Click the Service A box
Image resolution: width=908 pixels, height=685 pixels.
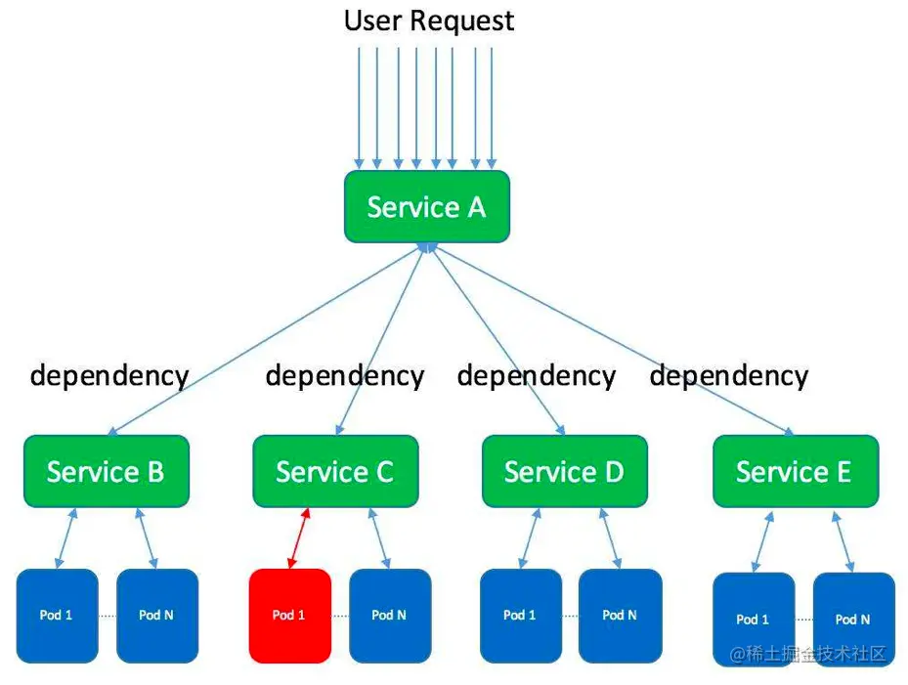click(427, 206)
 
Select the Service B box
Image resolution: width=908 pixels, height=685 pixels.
click(106, 471)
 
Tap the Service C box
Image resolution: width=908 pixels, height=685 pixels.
click(335, 471)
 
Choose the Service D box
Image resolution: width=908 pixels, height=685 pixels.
click(564, 471)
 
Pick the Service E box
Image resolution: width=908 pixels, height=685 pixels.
click(795, 471)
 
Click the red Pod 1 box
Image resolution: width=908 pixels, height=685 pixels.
click(289, 616)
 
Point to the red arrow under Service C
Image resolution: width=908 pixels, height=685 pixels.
click(299, 537)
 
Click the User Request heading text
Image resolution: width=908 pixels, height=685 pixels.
click(428, 21)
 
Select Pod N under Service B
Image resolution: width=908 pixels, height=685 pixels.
click(156, 616)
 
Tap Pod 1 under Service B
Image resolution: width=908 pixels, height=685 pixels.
click(57, 616)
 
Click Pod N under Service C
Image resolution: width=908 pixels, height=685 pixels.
click(389, 616)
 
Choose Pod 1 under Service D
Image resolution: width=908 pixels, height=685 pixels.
click(520, 616)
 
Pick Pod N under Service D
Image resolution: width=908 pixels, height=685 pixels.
click(620, 616)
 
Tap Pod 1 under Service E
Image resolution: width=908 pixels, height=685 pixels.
click(753, 620)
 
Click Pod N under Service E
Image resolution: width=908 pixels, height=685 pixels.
click(852, 620)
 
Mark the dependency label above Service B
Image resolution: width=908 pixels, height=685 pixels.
click(108, 376)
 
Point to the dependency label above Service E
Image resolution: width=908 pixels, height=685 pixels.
click(729, 376)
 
